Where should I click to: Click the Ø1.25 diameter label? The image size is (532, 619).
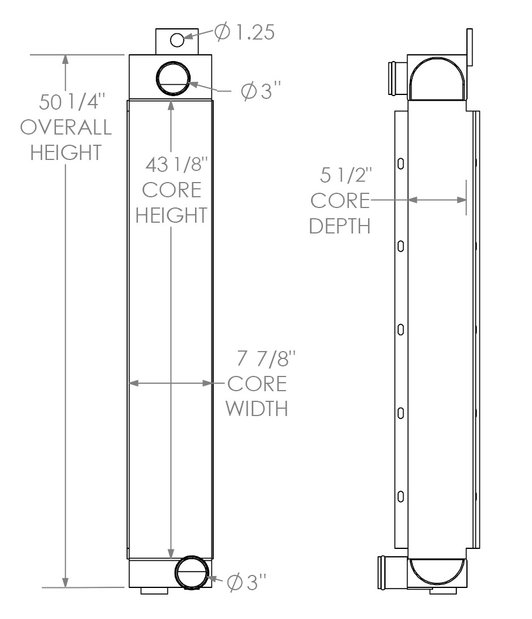click(x=244, y=32)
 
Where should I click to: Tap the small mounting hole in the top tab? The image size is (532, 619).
click(x=177, y=40)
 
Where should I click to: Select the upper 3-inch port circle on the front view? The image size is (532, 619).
click(x=173, y=78)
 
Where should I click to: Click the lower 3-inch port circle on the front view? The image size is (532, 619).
click(x=192, y=573)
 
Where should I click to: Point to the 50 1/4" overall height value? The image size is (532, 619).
click(x=72, y=102)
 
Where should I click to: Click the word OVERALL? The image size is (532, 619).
click(x=66, y=127)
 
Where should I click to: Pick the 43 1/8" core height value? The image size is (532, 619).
click(x=176, y=165)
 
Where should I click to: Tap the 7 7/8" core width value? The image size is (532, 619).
click(x=266, y=358)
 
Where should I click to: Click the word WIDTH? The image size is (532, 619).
click(x=257, y=409)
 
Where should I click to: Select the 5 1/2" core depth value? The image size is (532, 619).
click(x=346, y=175)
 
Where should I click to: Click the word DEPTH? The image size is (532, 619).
click(x=340, y=226)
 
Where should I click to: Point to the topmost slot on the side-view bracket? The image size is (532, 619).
click(x=400, y=163)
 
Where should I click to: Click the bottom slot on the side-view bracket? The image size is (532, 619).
click(x=400, y=496)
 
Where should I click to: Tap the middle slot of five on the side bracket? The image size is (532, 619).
click(x=400, y=329)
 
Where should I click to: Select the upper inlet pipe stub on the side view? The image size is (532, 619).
click(x=397, y=78)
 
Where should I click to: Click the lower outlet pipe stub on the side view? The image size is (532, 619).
click(x=392, y=573)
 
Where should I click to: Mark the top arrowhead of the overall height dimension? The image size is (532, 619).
click(x=66, y=59)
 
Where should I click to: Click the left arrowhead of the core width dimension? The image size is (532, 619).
click(x=134, y=383)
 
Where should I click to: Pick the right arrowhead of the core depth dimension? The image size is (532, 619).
click(x=462, y=200)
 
